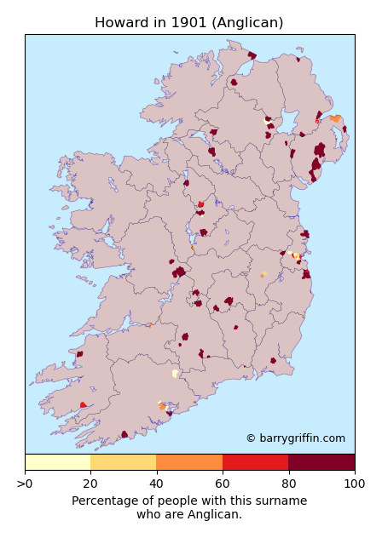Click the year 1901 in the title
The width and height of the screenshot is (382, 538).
[x=181, y=23]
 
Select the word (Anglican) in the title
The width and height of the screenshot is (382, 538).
[x=244, y=23]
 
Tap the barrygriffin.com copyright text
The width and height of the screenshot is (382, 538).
[x=295, y=438]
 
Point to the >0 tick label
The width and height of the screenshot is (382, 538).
[x=26, y=484]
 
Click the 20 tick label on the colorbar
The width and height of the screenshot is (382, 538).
[x=90, y=484]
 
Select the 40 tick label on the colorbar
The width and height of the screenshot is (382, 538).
[x=157, y=484]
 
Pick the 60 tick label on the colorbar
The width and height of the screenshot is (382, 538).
[x=223, y=484]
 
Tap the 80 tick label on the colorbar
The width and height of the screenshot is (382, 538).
[x=288, y=484]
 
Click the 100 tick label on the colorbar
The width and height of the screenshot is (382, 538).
[x=354, y=484]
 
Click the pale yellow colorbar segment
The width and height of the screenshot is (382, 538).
[x=58, y=462]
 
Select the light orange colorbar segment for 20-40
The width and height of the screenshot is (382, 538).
[x=124, y=462]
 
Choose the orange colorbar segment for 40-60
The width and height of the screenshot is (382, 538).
[x=189, y=462]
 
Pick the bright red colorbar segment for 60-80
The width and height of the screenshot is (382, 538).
[x=256, y=462]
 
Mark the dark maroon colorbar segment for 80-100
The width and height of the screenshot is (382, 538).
[x=321, y=462]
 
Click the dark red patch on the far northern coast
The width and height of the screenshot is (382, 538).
[x=252, y=55]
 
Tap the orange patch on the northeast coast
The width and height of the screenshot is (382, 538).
[x=335, y=118]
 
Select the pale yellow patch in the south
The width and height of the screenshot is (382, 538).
[x=175, y=373]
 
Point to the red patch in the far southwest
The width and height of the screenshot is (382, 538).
[x=83, y=405]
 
